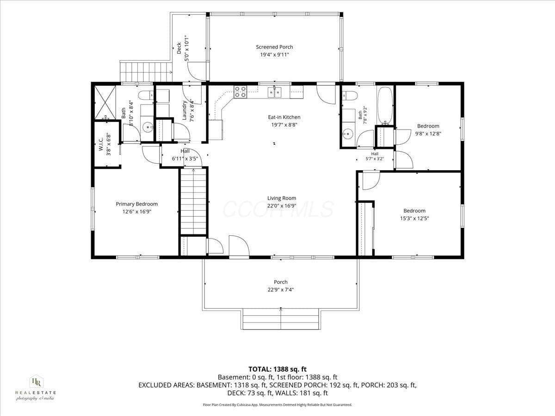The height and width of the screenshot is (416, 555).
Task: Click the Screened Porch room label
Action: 274,47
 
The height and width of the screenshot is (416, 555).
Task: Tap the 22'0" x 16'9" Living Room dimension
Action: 282,206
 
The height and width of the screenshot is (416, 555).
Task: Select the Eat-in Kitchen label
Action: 284,117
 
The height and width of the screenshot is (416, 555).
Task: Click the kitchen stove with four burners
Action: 240,92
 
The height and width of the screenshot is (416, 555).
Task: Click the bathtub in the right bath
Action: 385,105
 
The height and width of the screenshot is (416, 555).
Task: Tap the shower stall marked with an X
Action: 105,102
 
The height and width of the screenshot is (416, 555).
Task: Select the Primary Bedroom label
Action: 137,204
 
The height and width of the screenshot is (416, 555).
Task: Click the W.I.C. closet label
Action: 101,144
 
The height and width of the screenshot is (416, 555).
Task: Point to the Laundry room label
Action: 185,110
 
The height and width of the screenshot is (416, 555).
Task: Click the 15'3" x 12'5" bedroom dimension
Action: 414,218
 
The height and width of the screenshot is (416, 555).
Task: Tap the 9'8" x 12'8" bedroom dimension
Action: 428,134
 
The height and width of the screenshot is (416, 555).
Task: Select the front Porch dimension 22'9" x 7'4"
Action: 281,289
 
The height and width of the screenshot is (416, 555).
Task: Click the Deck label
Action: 179,48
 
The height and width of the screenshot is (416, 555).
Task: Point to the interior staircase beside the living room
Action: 193,202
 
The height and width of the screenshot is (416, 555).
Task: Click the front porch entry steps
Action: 281,319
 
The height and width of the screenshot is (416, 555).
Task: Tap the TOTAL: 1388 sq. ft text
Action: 277,369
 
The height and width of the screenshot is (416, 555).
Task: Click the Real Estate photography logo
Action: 36,388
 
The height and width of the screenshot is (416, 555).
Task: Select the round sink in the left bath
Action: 147,127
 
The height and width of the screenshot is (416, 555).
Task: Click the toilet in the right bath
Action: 350,96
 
